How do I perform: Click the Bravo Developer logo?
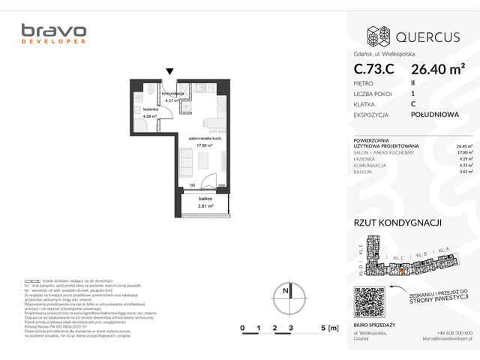(x=53, y=34)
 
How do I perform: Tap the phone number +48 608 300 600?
(x=454, y=333)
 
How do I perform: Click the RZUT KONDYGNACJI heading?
(x=397, y=223)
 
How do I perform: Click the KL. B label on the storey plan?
(x=421, y=253)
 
